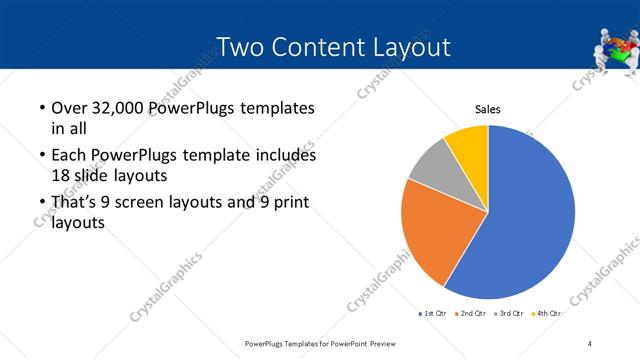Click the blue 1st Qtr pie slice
530,215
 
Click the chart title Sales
487,109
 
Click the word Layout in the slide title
409,47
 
